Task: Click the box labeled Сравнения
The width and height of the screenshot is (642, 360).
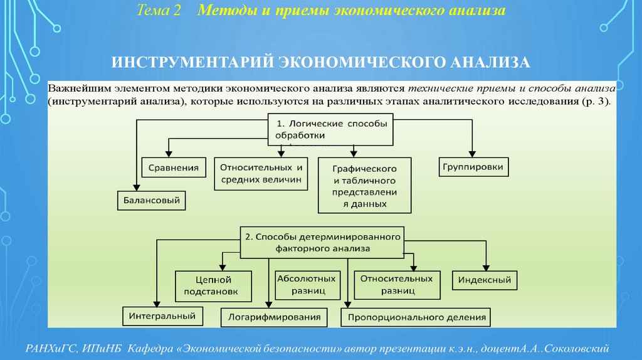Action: point(174,167)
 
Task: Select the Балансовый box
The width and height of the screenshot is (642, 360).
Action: point(151,200)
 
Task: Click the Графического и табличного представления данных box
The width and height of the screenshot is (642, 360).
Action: point(364,186)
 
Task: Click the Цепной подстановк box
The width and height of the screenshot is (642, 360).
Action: point(213,285)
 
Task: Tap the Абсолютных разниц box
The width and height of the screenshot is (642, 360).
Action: point(306,284)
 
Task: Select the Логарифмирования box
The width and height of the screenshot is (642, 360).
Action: point(274,317)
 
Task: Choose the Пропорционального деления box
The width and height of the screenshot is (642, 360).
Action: point(416,317)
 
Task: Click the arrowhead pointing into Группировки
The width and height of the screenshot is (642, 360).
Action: point(472,153)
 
